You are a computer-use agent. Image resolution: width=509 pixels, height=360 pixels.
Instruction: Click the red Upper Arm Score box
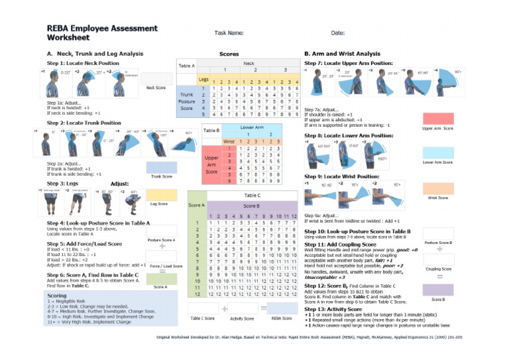[x=438, y=119]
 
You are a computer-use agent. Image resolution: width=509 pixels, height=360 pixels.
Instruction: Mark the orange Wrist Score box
[x=437, y=187]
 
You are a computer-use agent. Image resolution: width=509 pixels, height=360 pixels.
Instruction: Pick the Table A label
[x=187, y=64]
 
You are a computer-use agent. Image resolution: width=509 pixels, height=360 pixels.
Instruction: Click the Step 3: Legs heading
[x=65, y=182]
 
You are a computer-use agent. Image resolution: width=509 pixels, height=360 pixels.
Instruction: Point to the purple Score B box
[x=438, y=290]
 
